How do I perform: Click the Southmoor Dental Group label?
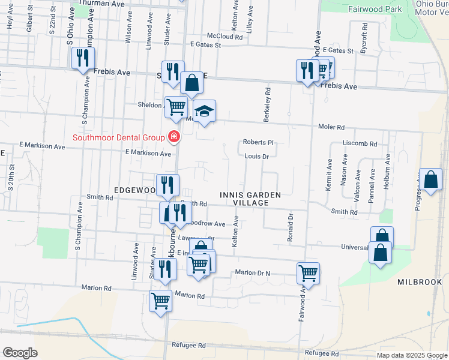click(x=118, y=137)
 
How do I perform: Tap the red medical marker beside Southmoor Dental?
click(x=174, y=137)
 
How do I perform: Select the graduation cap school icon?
click(x=204, y=112)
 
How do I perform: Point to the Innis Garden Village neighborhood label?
click(x=251, y=199)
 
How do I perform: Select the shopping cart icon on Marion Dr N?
click(x=308, y=273)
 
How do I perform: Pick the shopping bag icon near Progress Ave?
click(x=430, y=179)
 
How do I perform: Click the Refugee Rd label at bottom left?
click(x=188, y=346)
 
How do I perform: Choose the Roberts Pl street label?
click(x=258, y=143)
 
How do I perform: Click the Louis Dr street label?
click(x=256, y=156)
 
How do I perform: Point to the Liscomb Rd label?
click(x=360, y=144)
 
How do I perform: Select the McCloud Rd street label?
click(x=224, y=37)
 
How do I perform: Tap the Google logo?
click(x=20, y=353)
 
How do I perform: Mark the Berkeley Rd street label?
click(x=268, y=103)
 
